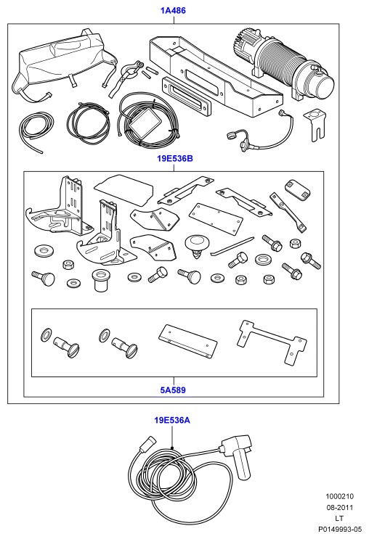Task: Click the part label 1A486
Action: click(173, 11)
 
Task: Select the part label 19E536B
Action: click(175, 159)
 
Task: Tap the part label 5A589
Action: click(173, 390)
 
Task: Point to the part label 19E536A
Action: click(172, 421)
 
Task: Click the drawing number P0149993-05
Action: click(340, 530)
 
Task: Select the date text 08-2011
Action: click(340, 508)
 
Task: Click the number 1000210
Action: click(340, 497)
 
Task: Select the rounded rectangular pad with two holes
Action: click(297, 189)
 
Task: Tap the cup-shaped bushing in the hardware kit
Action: click(99, 280)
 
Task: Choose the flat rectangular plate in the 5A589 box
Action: click(188, 341)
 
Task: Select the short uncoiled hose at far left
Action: click(36, 131)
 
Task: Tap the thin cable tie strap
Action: click(232, 246)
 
